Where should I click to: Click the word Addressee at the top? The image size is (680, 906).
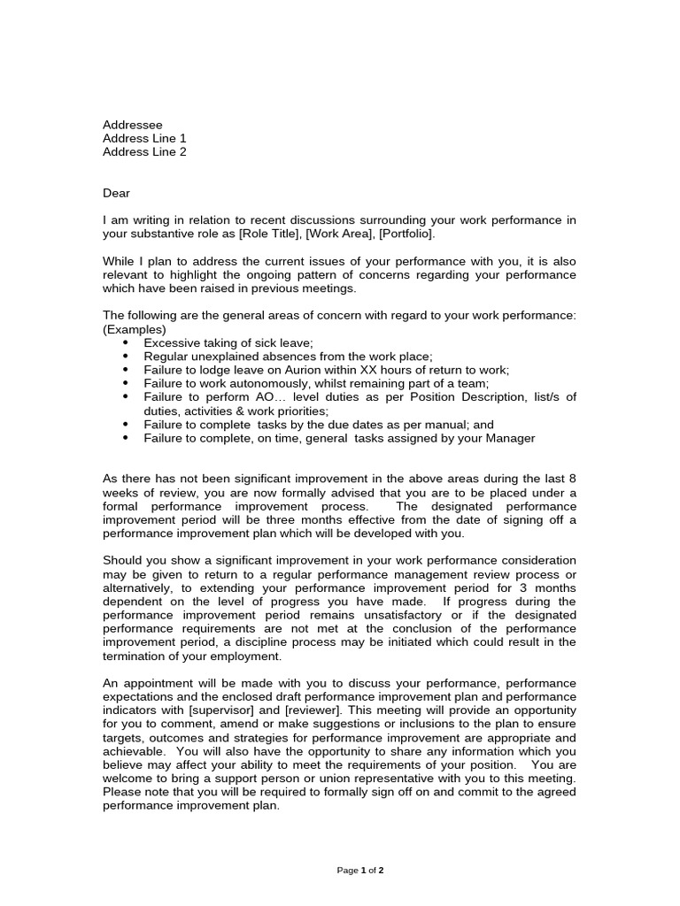133,125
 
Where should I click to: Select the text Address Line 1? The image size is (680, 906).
144,138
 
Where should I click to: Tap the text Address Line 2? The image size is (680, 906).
144,151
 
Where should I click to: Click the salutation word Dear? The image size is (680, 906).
117,193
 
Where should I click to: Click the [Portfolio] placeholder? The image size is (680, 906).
404,234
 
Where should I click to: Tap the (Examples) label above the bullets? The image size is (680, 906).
135,329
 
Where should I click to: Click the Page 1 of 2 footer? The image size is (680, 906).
360,871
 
